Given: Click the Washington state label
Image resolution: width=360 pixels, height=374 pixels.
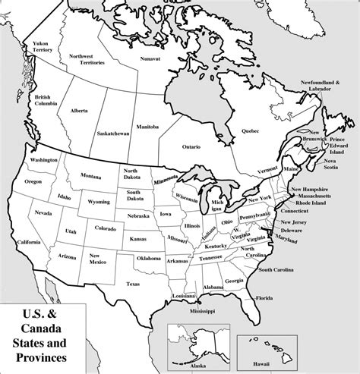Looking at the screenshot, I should [40, 161].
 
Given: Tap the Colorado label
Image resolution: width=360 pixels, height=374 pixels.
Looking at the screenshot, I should [106, 226].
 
